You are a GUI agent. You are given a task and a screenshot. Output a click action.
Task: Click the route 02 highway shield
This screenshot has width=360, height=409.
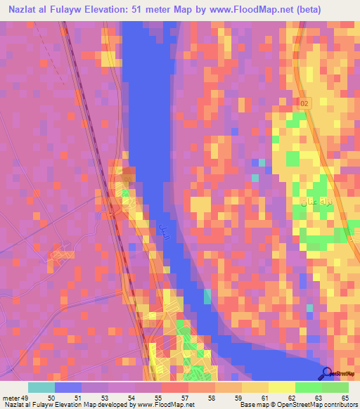click(x=303, y=103)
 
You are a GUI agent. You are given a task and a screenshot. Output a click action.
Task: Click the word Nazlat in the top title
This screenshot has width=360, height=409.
click(x=21, y=11)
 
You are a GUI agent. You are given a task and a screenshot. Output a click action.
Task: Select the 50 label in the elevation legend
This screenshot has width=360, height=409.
click(x=51, y=397)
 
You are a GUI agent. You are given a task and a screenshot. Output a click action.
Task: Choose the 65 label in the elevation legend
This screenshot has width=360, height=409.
click(x=345, y=397)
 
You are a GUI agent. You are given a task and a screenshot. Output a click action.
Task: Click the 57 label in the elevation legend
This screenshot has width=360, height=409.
click(x=184, y=397)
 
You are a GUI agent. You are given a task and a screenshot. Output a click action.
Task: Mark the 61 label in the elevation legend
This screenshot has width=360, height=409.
click(x=264, y=397)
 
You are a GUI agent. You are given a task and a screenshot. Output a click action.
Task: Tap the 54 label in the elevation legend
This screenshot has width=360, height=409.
click(x=131, y=397)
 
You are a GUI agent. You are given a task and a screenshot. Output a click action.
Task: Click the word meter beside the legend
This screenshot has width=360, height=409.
click(x=12, y=397)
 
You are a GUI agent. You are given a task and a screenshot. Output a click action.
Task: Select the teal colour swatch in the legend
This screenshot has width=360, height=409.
click(x=41, y=387)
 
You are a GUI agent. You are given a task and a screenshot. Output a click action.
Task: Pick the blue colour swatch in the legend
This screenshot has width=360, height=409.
click(x=68, y=387)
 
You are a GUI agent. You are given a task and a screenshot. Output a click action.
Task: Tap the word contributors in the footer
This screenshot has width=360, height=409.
click(x=340, y=405)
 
